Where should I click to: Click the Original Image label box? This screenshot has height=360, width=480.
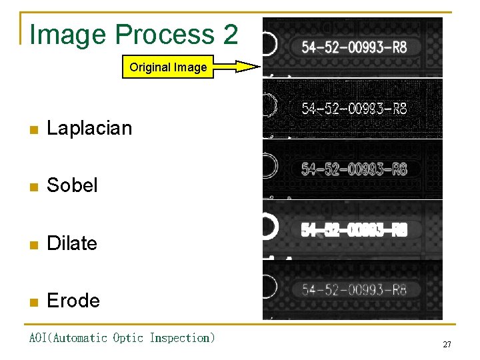click(x=168, y=67)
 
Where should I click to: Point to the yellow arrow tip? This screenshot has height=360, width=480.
click(x=258, y=66)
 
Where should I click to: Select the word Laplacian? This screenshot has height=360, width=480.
click(x=89, y=127)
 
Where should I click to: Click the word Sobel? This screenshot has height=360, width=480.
click(x=72, y=185)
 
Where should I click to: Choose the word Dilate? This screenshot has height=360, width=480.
click(x=71, y=243)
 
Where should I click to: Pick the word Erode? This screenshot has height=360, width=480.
click(x=73, y=301)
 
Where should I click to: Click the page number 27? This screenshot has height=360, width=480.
click(x=447, y=345)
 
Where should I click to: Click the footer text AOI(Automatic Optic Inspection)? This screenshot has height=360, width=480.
click(x=122, y=338)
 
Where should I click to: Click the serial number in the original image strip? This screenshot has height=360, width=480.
click(x=354, y=47)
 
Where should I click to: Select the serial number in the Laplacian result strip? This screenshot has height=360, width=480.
click(x=354, y=108)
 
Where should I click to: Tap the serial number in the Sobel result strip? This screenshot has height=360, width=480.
click(x=354, y=169)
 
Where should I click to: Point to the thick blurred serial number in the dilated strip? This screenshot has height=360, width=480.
click(x=354, y=230)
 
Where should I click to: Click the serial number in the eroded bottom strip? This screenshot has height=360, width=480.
click(x=354, y=289)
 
